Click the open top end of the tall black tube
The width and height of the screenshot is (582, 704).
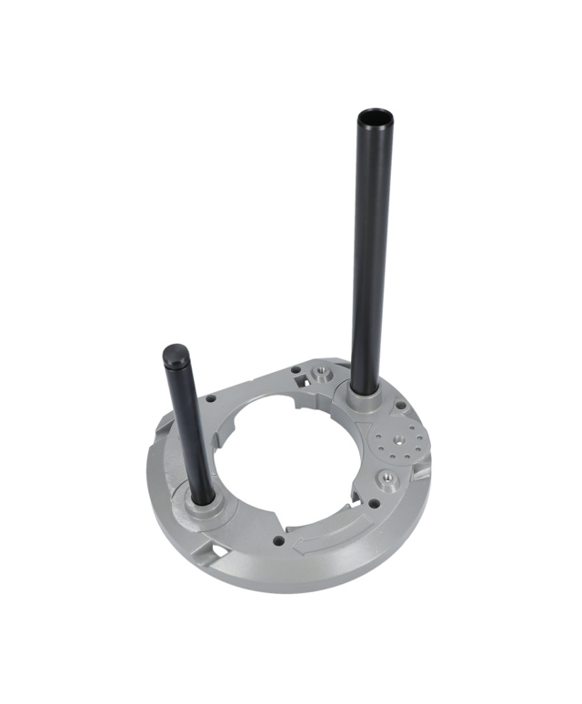[374, 118]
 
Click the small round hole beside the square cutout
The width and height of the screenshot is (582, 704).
[295, 368]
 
